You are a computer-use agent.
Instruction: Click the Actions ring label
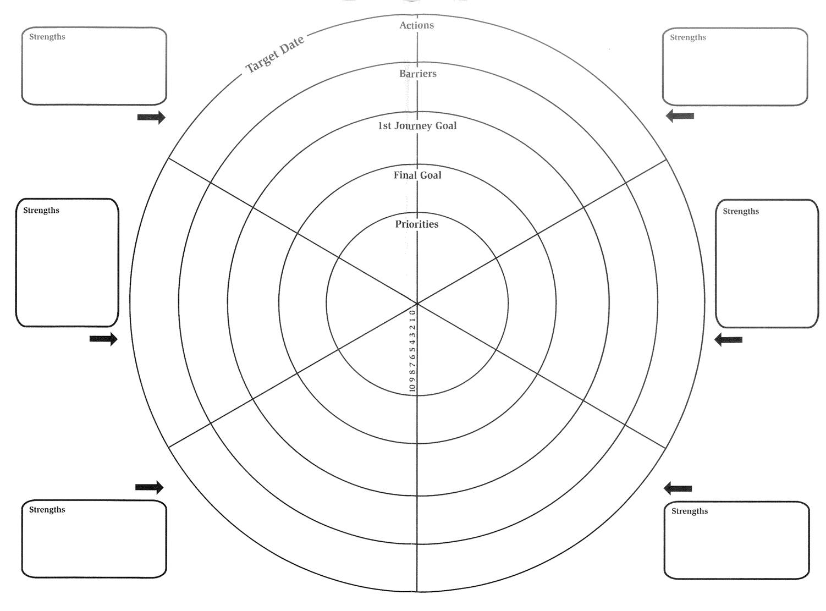tap(416, 25)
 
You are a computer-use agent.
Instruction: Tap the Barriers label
tap(417, 73)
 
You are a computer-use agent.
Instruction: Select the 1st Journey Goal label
tap(417, 126)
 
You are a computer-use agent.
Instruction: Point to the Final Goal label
tap(417, 175)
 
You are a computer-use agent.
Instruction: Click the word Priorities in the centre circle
tap(417, 224)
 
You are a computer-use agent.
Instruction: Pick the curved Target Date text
tap(275, 54)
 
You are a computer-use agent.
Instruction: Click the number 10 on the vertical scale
tap(412, 388)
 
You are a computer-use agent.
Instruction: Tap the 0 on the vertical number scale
tap(412, 312)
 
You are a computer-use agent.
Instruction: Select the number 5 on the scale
tap(412, 349)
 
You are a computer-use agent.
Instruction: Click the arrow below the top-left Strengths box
tap(151, 117)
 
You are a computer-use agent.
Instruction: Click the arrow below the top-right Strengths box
tap(680, 116)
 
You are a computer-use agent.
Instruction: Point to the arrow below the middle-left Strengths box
tap(103, 339)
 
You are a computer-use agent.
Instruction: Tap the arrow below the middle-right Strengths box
tap(728, 339)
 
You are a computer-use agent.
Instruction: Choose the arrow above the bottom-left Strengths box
tap(150, 487)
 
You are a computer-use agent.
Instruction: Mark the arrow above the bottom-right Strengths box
tap(678, 488)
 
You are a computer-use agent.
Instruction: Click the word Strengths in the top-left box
tap(47, 36)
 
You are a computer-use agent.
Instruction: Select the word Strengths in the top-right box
tap(688, 37)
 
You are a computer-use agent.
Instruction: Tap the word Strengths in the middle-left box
tap(41, 210)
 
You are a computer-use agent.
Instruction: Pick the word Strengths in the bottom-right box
tap(690, 511)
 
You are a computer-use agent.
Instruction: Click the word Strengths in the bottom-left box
tap(47, 509)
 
